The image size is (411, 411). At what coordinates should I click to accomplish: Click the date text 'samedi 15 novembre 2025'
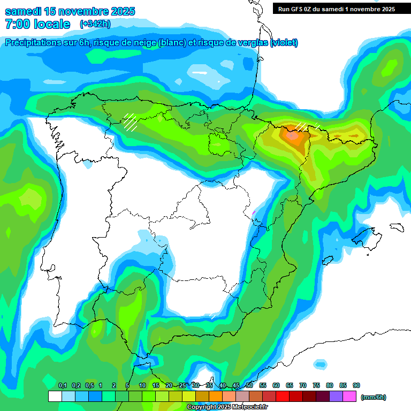70,11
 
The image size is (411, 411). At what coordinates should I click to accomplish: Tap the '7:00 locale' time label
37,24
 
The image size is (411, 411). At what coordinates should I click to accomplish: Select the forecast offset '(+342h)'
95,24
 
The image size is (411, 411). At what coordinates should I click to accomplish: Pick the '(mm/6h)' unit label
374,397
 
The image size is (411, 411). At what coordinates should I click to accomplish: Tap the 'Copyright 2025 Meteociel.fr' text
227,407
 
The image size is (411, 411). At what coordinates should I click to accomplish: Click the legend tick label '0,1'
62,385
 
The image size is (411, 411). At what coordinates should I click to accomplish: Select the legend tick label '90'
356,385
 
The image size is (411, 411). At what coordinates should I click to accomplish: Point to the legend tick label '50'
249,385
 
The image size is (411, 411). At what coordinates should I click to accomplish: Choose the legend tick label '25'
182,385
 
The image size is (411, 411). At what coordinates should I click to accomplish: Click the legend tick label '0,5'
89,385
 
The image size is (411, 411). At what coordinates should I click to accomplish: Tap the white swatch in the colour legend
55,397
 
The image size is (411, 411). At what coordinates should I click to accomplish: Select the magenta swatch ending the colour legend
349,397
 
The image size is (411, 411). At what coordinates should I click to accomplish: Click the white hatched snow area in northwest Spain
130,122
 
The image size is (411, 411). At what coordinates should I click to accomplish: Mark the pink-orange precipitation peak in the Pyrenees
293,135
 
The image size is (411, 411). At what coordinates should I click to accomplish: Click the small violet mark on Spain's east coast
254,212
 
